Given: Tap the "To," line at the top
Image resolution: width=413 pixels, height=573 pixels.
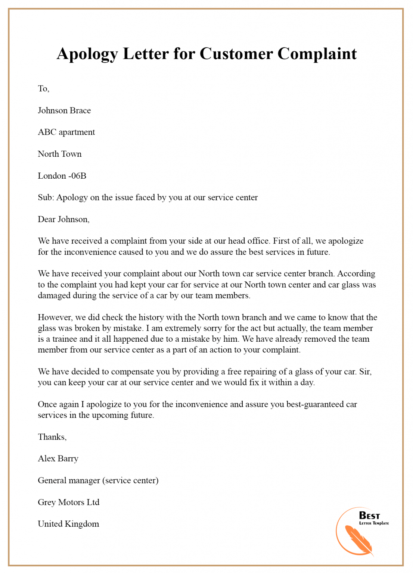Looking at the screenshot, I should pyautogui.click(x=43, y=89).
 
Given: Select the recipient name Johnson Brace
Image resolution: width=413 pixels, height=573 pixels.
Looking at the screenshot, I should pyautogui.click(x=64, y=110).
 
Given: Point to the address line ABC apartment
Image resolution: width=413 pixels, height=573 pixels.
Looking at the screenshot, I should pyautogui.click(x=66, y=132).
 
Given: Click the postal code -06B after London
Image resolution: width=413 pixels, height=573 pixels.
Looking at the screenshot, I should pyautogui.click(x=77, y=176).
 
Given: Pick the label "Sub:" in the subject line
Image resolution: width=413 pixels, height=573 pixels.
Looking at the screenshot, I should pyautogui.click(x=46, y=197).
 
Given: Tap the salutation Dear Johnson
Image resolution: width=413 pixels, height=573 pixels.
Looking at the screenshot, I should pyautogui.click(x=63, y=219).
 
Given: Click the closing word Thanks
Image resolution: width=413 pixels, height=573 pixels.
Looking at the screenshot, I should pyautogui.click(x=52, y=437).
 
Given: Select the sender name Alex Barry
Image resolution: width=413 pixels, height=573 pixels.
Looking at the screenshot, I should pyautogui.click(x=58, y=459).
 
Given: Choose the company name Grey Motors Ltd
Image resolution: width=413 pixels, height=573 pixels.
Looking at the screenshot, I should pyautogui.click(x=68, y=502).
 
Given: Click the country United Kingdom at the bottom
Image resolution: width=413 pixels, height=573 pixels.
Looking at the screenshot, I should pyautogui.click(x=68, y=524).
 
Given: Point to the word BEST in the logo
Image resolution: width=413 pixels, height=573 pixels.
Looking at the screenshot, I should pyautogui.click(x=369, y=516).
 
